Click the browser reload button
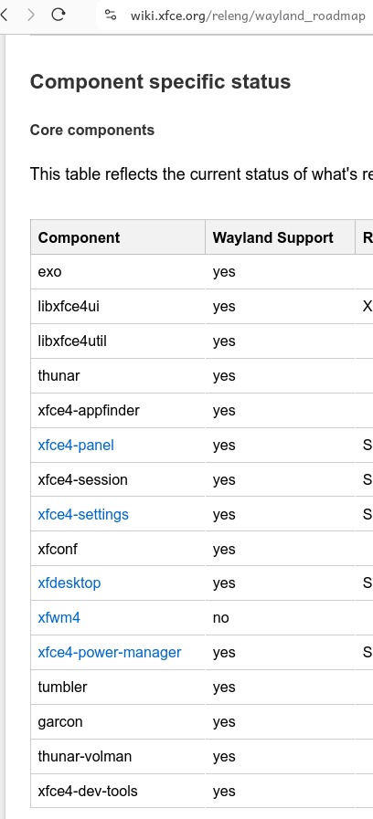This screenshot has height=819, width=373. (59, 15)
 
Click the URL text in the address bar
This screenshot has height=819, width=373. (248, 16)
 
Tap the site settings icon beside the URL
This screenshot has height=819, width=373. (111, 16)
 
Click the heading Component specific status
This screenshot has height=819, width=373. (160, 82)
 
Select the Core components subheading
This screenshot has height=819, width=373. (92, 130)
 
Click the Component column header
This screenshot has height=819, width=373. (79, 237)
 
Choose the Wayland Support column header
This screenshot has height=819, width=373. (273, 237)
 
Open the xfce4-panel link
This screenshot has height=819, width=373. (76, 445)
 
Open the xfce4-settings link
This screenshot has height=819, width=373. (83, 514)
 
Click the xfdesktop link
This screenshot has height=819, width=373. (69, 583)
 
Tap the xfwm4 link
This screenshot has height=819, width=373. (59, 618)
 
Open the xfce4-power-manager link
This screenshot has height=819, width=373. (110, 653)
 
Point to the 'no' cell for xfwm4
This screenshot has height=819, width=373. (220, 618)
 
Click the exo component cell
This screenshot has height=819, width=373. (49, 272)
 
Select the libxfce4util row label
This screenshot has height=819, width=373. (72, 341)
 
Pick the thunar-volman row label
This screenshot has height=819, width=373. (85, 756)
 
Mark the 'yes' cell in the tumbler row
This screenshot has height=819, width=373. (224, 688)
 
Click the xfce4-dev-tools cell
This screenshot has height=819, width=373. (88, 792)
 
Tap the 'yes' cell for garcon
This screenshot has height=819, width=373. (224, 722)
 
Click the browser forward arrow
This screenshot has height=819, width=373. (31, 15)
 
